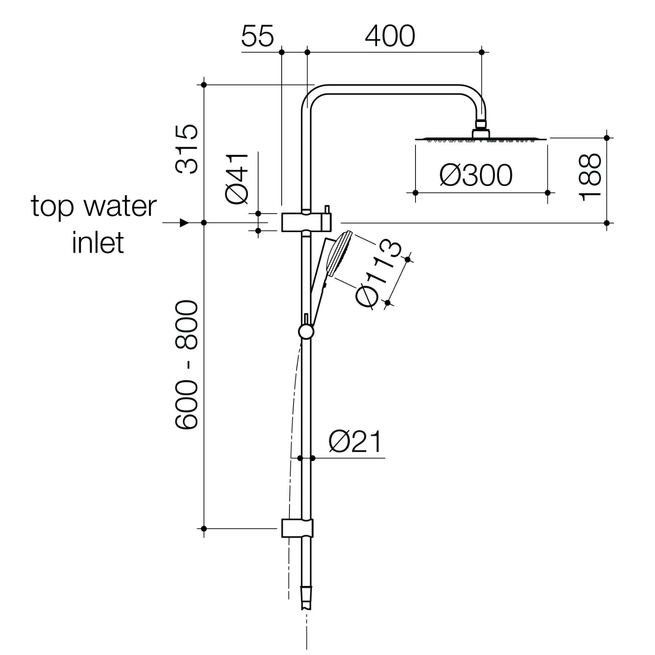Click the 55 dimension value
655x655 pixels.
coord(257,36)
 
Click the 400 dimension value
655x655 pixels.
coord(390,36)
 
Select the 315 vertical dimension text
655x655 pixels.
coord(187,149)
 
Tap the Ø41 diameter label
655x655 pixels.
coord(237,178)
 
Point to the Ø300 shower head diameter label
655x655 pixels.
coord(476,175)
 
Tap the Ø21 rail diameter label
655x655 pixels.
coord(355,441)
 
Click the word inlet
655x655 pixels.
coord(97,243)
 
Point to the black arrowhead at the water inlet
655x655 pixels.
coord(184,223)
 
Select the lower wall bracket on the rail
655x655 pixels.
coord(298,528)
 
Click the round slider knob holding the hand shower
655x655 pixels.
coord(306,332)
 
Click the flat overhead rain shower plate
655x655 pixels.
coord(481,139)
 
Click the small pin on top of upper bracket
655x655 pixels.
coord(327,209)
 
